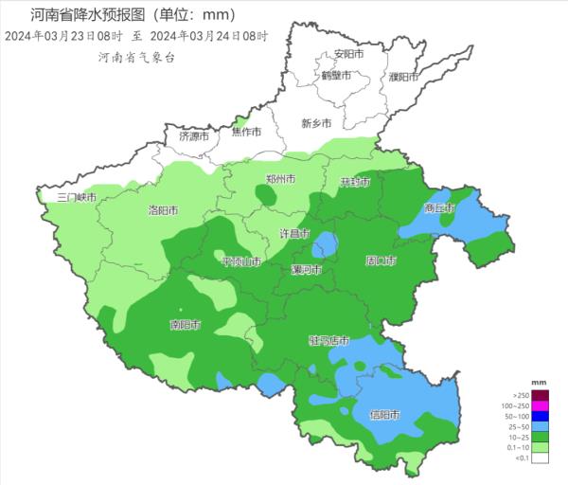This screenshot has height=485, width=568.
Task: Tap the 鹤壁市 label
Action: tap(336, 75)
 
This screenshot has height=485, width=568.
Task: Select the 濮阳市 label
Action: tap(403, 76)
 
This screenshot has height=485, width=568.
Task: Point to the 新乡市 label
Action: tap(316, 123)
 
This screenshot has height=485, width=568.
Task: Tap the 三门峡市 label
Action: tap(77, 197)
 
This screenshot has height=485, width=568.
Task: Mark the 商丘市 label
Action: tap(439, 207)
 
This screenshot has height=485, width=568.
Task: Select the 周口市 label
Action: tap(381, 260)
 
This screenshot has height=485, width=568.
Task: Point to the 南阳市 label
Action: tap(185, 325)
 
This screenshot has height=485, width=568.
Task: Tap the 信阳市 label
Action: tap(384, 415)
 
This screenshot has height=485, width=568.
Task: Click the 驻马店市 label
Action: tap(329, 340)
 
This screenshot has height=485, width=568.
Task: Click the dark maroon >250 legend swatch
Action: tap(540, 395)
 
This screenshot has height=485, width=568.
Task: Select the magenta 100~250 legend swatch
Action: tap(540, 405)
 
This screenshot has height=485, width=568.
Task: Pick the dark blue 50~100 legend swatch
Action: tap(540, 416)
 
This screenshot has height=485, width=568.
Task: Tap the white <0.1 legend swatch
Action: tap(540, 458)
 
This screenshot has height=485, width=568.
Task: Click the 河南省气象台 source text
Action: tap(137, 58)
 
